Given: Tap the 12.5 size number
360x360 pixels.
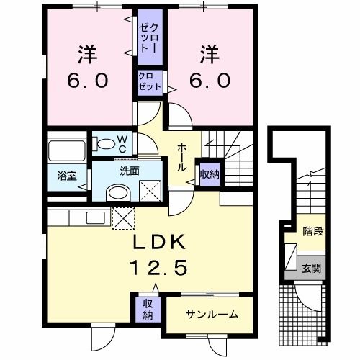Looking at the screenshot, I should (159, 269).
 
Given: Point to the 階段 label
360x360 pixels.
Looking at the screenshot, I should (311, 231).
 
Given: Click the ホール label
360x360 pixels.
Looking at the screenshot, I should (183, 154).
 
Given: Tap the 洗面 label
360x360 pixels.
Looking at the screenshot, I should (130, 171).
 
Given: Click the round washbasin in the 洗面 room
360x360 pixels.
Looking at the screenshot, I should (115, 192).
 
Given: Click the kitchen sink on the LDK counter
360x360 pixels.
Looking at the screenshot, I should (94, 217).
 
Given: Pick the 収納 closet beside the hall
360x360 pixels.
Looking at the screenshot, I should (210, 173).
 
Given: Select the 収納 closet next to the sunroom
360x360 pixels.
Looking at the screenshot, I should (147, 308).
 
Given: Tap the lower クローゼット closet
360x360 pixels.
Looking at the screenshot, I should (150, 80).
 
